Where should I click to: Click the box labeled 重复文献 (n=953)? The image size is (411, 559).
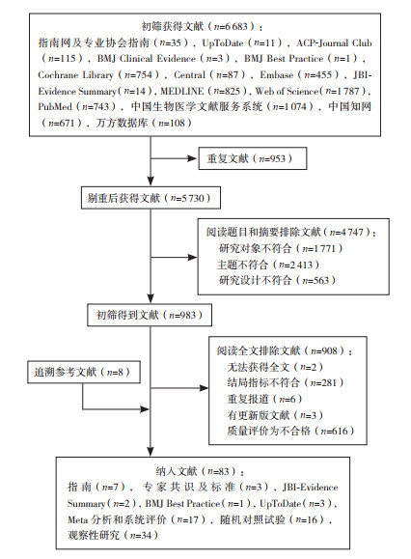click(x=253, y=158)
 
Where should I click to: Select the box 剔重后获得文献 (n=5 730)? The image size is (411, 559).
click(x=151, y=198)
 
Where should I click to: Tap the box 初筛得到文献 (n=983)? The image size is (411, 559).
click(x=150, y=315)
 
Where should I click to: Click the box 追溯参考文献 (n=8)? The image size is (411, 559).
click(x=84, y=373)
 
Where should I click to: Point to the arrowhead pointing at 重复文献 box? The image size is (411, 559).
click(x=193, y=158)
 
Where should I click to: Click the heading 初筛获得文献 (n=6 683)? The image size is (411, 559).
click(x=202, y=26)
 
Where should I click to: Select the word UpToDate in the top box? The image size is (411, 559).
click(x=223, y=43)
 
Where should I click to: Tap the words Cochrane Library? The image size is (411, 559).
click(x=75, y=75)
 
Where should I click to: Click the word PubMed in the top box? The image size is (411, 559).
click(x=55, y=106)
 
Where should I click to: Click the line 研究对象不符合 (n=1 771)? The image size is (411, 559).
click(x=281, y=248)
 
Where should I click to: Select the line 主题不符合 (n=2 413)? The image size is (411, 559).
click(x=268, y=265)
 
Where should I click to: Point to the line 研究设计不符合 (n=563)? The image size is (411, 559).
click(x=277, y=281)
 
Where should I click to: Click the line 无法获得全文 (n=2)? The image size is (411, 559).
click(x=275, y=367)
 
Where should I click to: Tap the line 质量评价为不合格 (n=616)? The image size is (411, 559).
click(x=290, y=431)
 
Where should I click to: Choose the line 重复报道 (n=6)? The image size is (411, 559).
click(x=264, y=400)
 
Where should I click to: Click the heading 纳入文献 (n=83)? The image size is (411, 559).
click(x=200, y=471)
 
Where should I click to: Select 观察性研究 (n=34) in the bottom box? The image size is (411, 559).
click(x=113, y=535)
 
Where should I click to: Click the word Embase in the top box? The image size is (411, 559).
click(x=276, y=75)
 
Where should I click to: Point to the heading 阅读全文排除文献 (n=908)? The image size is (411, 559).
click(x=285, y=351)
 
